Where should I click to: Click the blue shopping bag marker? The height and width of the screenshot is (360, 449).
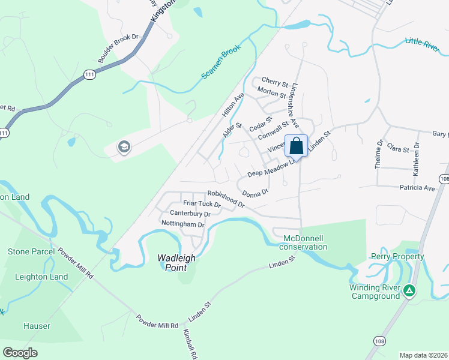(x=297, y=146)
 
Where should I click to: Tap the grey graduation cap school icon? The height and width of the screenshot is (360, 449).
(x=124, y=147)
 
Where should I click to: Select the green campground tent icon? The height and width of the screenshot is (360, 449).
(x=409, y=291)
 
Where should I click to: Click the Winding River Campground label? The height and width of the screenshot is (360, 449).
(x=375, y=292)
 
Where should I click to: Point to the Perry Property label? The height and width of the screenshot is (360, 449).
(x=397, y=257)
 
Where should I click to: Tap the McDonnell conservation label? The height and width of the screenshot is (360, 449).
(x=305, y=242)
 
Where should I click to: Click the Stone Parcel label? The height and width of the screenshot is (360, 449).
(x=31, y=251)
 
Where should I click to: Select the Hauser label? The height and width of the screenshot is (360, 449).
(x=37, y=326)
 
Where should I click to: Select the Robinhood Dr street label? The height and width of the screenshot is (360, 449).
(x=226, y=199)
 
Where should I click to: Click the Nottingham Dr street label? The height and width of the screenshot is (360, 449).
(x=183, y=224)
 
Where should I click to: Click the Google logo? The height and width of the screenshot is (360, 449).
(x=20, y=352)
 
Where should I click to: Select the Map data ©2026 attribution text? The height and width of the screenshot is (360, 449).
(x=423, y=355)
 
